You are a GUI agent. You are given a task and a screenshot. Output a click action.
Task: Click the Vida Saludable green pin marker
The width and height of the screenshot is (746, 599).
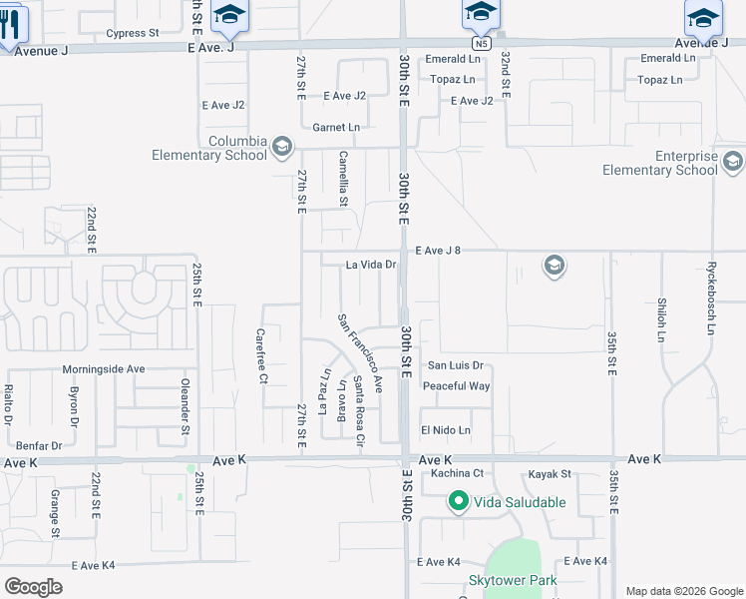click(459, 501)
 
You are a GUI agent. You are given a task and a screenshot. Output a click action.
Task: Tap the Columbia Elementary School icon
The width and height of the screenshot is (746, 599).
click(282, 146)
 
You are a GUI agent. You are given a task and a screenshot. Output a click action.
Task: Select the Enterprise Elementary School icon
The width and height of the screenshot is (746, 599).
click(733, 162)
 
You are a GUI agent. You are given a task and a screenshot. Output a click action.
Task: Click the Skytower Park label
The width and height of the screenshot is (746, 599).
click(514, 580)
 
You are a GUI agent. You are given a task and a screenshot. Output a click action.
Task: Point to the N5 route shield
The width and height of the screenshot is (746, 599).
click(483, 44)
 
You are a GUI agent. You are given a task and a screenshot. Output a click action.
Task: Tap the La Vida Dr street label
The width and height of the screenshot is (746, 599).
click(372, 266)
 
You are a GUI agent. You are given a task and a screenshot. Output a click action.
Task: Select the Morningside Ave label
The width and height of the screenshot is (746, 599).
click(104, 369)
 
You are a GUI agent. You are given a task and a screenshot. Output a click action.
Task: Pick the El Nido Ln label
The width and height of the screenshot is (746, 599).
click(445, 430)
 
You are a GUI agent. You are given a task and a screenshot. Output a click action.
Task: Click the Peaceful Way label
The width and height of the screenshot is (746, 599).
click(456, 386)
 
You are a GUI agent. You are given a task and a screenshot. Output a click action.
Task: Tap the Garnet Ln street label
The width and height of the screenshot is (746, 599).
click(336, 128)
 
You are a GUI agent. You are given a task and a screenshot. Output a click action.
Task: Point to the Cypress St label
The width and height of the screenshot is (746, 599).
click(133, 33)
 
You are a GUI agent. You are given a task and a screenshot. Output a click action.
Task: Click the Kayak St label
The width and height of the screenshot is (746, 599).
click(550, 473)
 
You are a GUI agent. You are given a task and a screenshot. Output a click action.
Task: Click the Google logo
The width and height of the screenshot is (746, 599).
click(34, 586)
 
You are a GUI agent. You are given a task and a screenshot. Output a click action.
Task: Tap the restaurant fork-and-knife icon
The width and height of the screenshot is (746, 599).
click(11, 25)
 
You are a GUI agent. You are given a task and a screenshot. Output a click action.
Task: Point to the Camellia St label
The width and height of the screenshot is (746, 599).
click(343, 179)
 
